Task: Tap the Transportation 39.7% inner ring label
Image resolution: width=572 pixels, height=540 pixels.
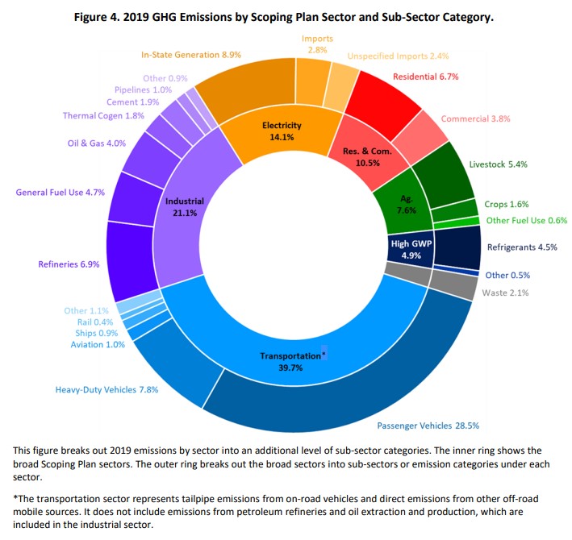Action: coord(290,361)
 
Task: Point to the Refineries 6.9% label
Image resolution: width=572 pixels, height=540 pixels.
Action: coord(69,264)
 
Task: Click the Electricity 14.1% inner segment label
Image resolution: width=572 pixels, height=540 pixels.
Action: coord(282,131)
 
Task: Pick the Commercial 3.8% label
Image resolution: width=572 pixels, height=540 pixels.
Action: coord(475,118)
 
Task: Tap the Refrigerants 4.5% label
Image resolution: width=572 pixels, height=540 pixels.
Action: coord(522,247)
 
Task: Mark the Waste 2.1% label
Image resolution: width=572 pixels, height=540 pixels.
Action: coord(505,293)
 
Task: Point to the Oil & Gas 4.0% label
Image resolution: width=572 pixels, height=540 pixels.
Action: coord(97,143)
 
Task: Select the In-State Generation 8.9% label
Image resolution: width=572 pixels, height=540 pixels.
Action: coord(190,55)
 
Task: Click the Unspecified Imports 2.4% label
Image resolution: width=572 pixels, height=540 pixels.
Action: coord(398,56)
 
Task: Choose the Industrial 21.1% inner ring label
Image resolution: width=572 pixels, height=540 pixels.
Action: coord(185,206)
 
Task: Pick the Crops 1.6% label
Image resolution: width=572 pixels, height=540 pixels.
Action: coord(507,205)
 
